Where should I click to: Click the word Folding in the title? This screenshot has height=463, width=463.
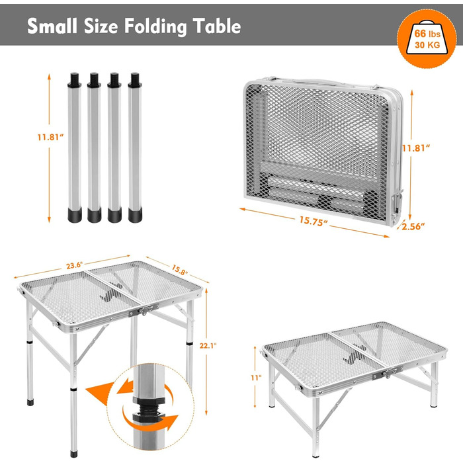click(155, 26)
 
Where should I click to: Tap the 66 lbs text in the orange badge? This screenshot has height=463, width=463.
click(427, 33)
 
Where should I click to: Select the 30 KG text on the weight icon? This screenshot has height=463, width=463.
click(427, 45)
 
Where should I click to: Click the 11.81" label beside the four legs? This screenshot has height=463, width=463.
click(50, 137)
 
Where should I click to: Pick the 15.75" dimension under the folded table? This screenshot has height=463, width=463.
click(314, 221)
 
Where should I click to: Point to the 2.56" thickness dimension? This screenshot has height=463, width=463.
click(413, 226)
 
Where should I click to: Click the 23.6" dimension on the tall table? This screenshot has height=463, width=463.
click(74, 265)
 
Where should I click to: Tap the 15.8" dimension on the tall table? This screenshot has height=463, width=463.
click(180, 270)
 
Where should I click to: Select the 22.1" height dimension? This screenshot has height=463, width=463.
click(208, 345)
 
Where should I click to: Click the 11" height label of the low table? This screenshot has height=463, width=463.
click(257, 378)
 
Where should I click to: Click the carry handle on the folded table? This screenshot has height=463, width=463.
click(323, 82)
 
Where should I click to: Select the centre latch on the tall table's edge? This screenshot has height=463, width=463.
click(144, 310)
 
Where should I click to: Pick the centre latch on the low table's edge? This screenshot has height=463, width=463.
click(388, 373)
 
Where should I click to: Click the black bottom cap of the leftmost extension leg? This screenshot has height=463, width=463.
click(75, 215)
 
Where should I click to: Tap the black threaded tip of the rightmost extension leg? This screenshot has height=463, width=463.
click(135, 80)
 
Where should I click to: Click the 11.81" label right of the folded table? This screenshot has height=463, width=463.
click(416, 147)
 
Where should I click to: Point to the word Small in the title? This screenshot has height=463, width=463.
click(52, 26)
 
